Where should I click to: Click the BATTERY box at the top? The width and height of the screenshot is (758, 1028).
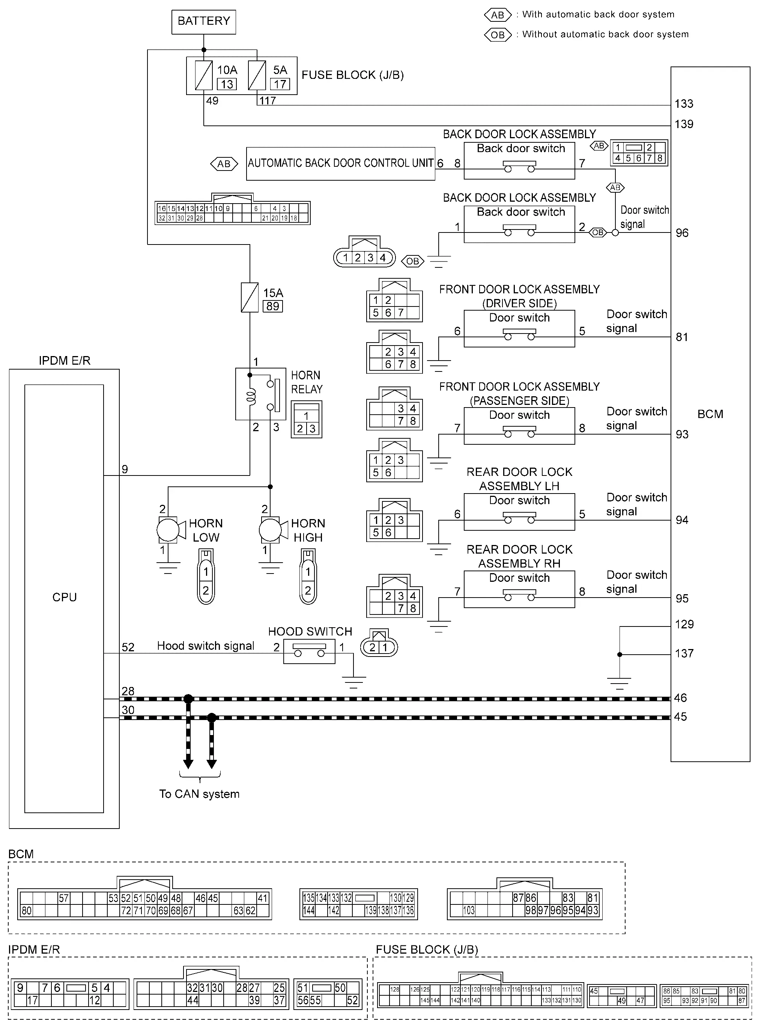204,21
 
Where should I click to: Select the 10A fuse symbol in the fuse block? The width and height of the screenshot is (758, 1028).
204,75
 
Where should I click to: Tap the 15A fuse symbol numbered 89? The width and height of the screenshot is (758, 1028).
250,297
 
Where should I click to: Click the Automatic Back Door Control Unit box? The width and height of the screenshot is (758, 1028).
340,163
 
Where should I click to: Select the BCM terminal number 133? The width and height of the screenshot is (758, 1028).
684,104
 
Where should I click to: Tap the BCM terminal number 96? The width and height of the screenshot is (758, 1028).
682,233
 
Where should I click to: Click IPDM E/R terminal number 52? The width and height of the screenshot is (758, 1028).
128,648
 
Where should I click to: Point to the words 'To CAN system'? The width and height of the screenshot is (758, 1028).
199,794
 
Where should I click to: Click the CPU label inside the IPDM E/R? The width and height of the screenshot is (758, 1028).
64,597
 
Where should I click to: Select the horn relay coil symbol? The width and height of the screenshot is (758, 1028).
251,397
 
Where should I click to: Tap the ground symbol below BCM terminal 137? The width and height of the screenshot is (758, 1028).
620,683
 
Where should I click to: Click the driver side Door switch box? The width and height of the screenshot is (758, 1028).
519,329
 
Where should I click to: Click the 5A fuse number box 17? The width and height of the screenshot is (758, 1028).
280,85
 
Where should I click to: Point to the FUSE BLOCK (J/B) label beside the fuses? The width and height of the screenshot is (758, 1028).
352,75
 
